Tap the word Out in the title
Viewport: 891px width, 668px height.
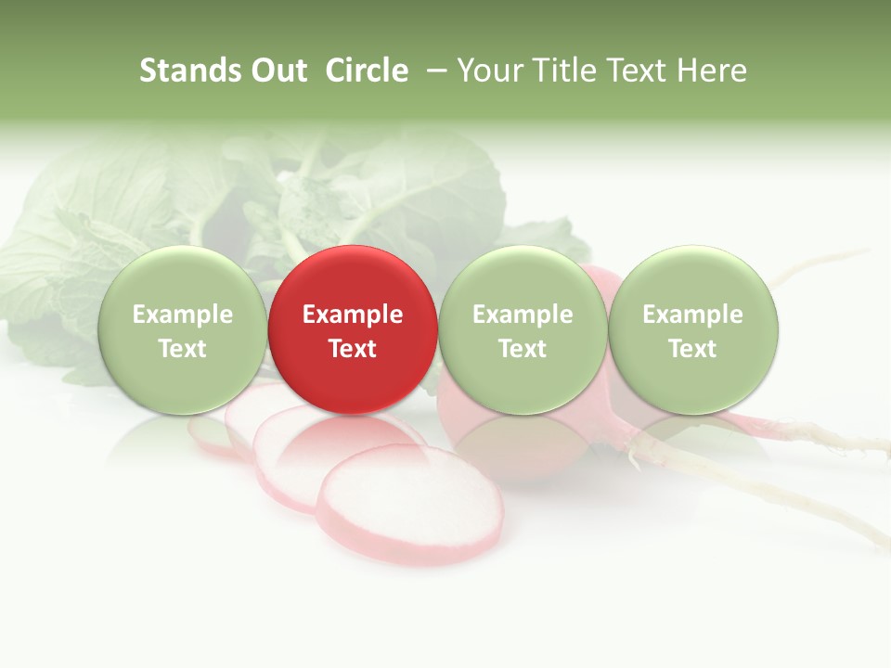[277, 71]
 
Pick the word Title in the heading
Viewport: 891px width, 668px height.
[557, 71]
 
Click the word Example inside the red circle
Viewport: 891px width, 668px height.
[353, 315]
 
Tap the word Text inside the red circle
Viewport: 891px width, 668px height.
[353, 349]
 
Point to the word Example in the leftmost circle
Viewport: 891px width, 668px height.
[182, 315]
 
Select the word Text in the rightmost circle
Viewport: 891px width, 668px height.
[693, 349]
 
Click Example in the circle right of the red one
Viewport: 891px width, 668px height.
[523, 315]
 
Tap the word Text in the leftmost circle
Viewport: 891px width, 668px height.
[182, 349]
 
